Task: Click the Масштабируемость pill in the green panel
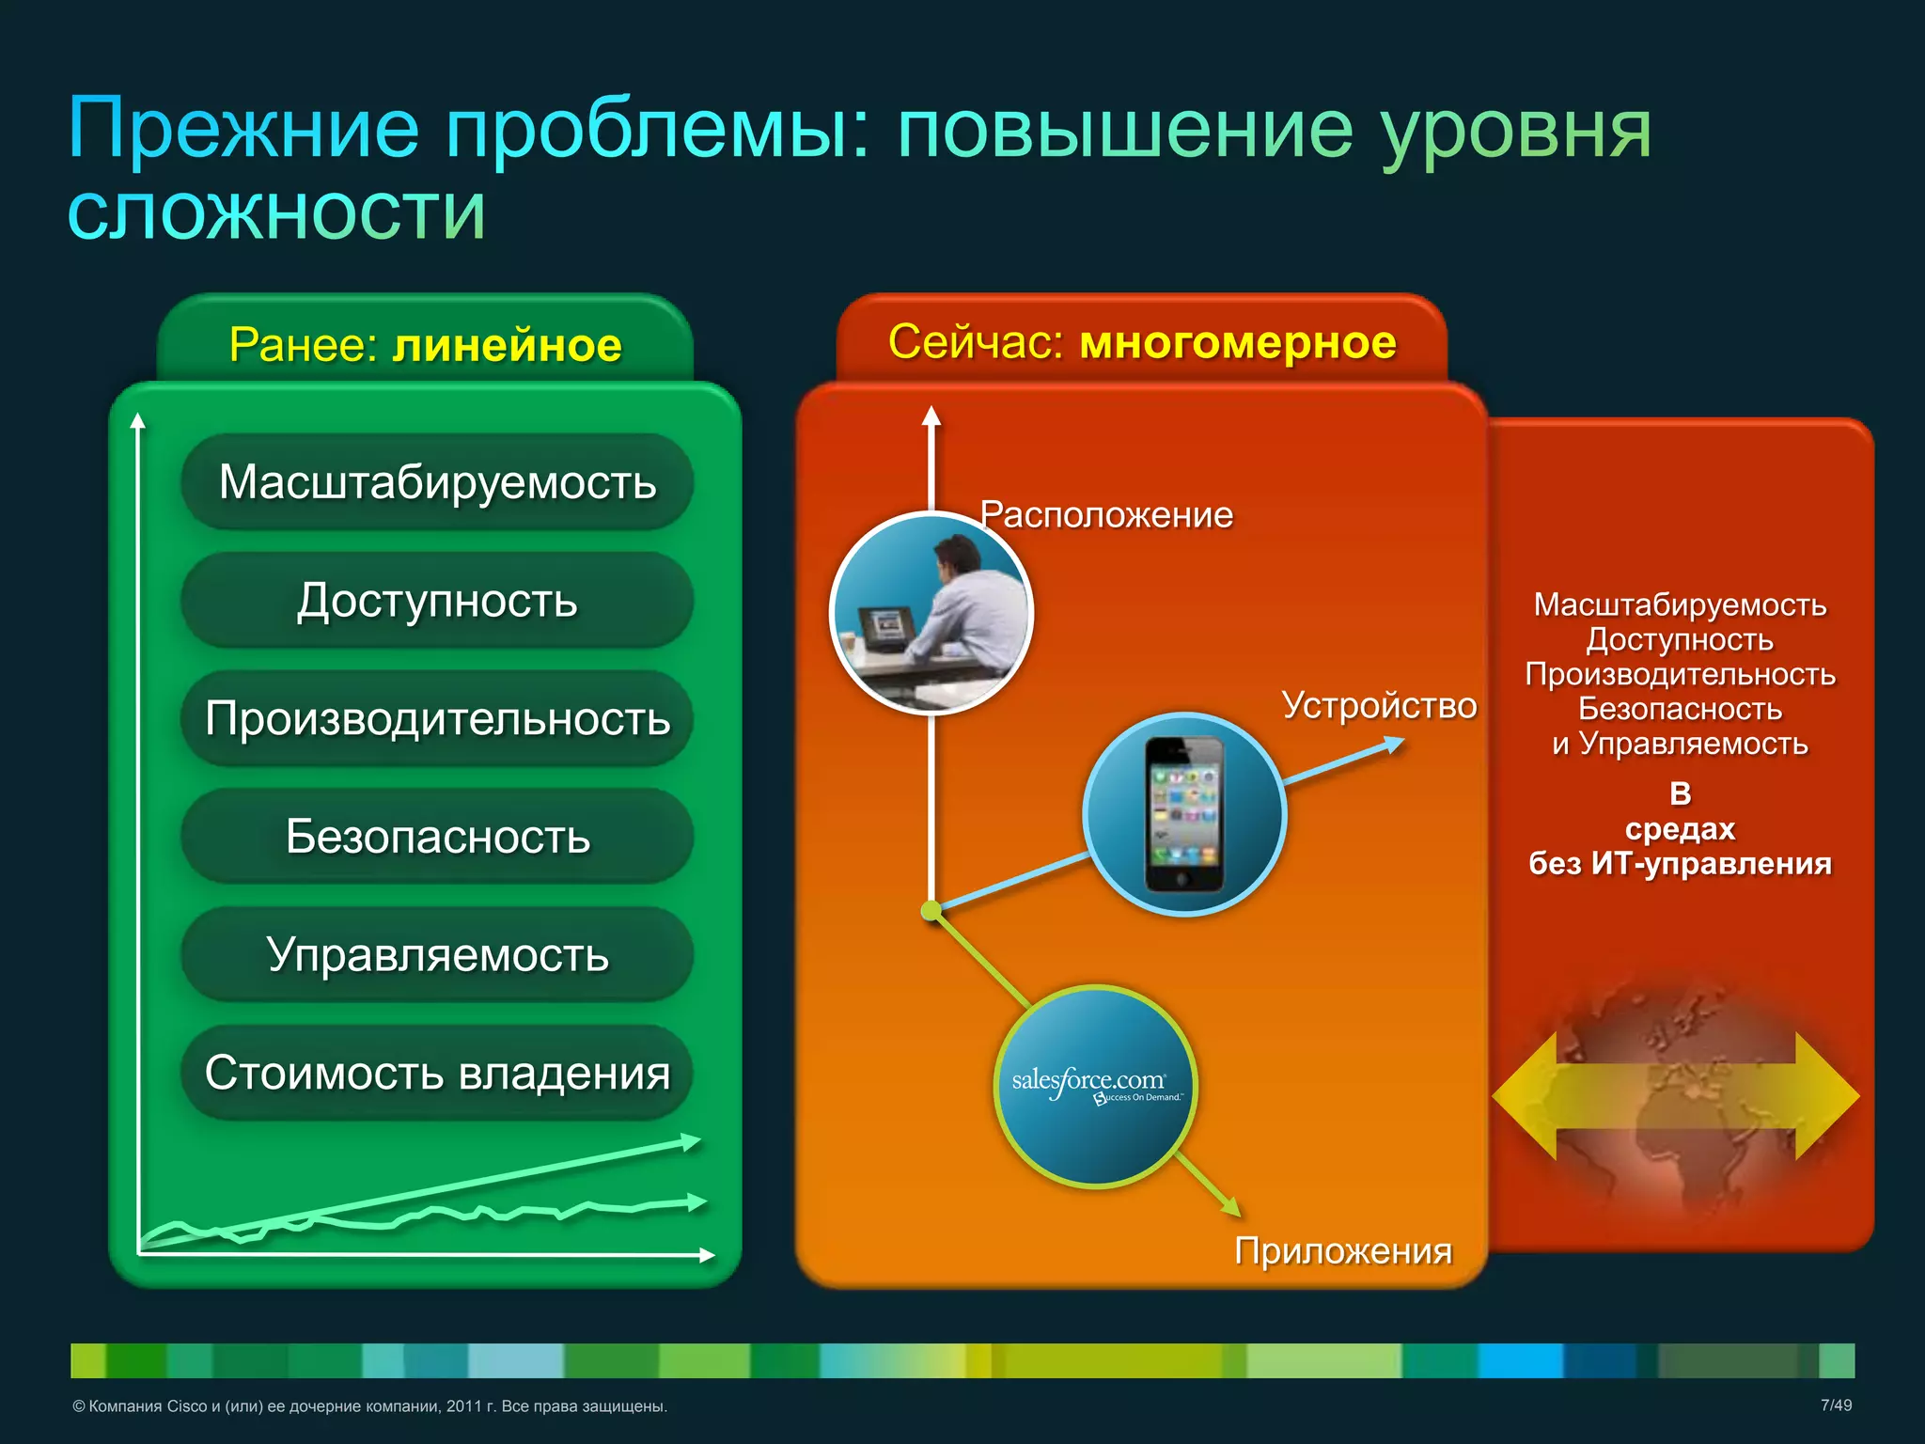[437, 482]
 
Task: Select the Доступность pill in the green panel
[437, 601]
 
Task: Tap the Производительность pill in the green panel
[437, 719]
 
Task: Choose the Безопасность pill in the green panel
[437, 837]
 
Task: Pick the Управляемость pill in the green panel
[437, 955]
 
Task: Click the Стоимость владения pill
[437, 1073]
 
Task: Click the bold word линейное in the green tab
[508, 346]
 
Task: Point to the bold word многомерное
[1238, 342]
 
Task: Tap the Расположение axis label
[1106, 515]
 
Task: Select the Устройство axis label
[1379, 706]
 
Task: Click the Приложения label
[1343, 1251]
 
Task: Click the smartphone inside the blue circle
[1184, 814]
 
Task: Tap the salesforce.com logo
[1093, 1086]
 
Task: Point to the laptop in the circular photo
[884, 629]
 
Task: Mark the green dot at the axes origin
[931, 910]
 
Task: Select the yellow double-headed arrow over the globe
[1676, 1096]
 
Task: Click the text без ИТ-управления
[1680, 864]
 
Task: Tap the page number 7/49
[1836, 1405]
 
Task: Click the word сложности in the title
[277, 213]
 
